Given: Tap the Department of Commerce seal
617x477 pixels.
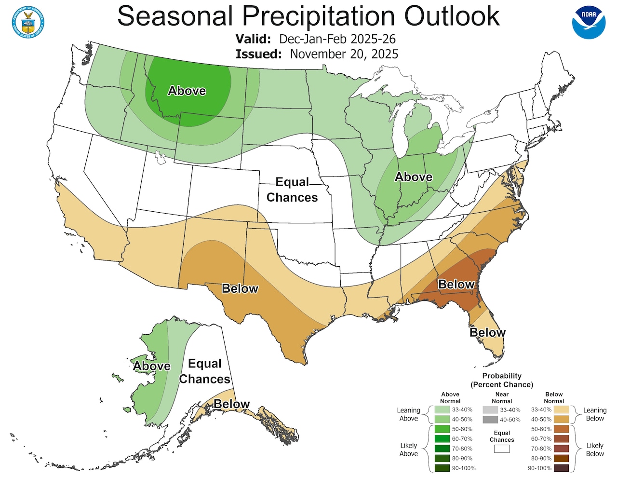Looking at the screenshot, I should point(28,22).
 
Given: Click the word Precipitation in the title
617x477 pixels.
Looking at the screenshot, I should point(319,16).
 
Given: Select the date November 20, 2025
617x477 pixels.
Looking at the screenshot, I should point(344,54).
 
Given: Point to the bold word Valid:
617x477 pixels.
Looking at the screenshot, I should point(253,39).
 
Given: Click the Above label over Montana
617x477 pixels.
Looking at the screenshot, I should point(187,91).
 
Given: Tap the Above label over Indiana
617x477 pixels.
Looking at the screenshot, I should point(414,177).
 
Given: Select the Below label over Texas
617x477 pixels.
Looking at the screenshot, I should point(240,288).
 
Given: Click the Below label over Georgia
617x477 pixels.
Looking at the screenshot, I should point(456,285).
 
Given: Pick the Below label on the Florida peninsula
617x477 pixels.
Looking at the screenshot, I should point(487,332).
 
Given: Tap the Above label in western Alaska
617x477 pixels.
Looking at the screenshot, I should point(152,366).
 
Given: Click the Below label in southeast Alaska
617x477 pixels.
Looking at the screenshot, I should point(231,404).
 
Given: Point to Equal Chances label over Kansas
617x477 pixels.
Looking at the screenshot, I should point(292,190).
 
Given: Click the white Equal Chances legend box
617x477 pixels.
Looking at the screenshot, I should point(502,449).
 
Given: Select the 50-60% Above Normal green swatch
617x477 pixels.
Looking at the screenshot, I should point(442,429).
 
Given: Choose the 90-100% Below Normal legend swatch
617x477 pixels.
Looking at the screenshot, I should point(561,468).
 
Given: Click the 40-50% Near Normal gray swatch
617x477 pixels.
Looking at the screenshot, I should point(490,420).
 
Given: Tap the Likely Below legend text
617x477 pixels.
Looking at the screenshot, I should point(595,450).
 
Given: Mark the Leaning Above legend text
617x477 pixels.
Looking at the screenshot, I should point(408,414).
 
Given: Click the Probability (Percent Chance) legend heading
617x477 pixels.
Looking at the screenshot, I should point(502,380).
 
